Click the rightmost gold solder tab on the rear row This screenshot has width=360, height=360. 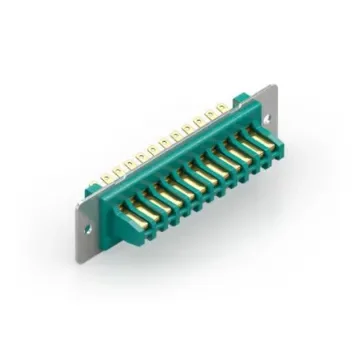[222, 107]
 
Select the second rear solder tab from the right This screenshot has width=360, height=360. [211, 113]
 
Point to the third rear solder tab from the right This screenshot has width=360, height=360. [200, 119]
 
